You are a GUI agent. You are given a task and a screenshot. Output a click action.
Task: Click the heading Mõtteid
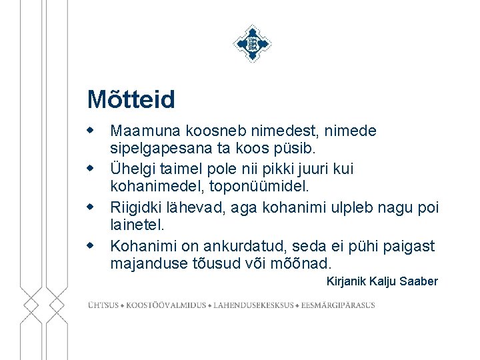point(131,100)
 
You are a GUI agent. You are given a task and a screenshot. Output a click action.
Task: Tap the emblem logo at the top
point(252,43)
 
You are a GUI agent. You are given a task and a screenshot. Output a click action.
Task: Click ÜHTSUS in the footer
point(103,305)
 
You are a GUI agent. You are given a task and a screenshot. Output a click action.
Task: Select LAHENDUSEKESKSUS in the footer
point(253,305)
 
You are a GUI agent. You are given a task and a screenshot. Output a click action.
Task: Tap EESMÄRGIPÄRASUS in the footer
point(338,305)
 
